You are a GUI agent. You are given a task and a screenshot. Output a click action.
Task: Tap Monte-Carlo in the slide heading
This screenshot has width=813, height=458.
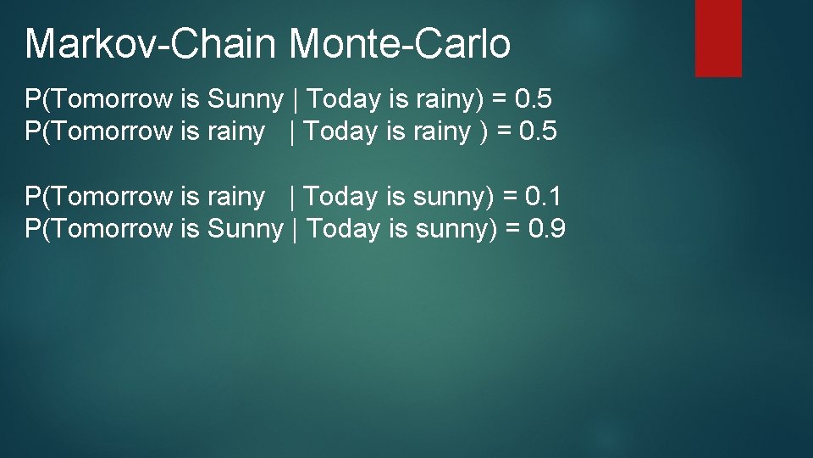(401, 44)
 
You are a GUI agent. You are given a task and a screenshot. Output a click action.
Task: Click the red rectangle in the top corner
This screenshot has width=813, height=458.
(718, 38)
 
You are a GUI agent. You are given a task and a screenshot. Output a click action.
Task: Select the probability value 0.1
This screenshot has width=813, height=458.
(543, 197)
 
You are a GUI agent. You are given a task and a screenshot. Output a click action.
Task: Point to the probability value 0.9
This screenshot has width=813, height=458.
(546, 229)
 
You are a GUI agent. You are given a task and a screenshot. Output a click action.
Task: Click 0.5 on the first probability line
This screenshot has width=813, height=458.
(534, 99)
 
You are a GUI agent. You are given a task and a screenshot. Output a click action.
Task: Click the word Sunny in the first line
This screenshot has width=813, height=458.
(245, 99)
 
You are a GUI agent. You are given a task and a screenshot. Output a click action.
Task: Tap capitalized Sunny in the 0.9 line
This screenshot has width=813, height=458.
(245, 229)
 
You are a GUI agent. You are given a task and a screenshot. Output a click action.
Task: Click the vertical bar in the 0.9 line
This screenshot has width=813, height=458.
(294, 229)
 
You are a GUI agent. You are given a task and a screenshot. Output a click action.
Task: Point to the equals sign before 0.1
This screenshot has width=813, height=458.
(510, 197)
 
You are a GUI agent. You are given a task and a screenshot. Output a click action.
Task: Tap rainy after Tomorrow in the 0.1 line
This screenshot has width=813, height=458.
(235, 197)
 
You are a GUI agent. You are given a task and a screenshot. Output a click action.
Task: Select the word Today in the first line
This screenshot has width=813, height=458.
(344, 99)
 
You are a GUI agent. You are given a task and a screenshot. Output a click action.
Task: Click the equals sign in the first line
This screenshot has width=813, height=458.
(500, 99)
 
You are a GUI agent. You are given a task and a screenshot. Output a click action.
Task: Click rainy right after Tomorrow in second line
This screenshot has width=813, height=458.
(235, 131)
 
